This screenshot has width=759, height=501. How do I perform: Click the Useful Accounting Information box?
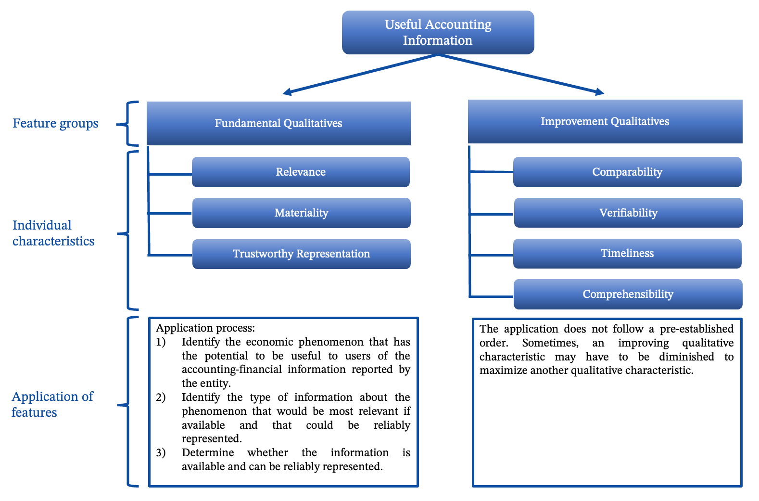coord(438,32)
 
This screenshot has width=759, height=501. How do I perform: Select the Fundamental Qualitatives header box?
coord(278,123)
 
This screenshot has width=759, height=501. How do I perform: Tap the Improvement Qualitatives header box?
coord(605,121)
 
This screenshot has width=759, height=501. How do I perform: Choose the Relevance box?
coord(301,172)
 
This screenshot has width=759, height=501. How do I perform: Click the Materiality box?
coord(301,213)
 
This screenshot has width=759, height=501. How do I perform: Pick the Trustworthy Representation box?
coord(301,254)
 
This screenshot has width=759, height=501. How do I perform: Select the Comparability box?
coord(627,172)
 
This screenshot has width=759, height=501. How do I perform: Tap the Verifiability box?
coord(628,213)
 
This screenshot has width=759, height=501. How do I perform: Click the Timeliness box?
coord(627,253)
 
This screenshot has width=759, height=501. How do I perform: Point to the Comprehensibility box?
coord(628,294)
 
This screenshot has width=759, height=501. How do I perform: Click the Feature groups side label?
coord(55,123)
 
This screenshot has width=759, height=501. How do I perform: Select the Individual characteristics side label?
coord(53,233)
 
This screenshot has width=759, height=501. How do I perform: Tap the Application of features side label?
coord(52,404)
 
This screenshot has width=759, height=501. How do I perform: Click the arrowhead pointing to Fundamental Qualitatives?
coord(287,91)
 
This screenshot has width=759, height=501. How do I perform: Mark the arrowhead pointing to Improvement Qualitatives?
coord(599,91)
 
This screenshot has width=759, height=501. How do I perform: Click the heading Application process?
coord(205,328)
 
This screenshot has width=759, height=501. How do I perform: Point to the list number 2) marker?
coord(161,398)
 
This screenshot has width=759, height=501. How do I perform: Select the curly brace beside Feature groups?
coord(128,124)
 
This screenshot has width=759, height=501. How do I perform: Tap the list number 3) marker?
coord(161,453)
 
